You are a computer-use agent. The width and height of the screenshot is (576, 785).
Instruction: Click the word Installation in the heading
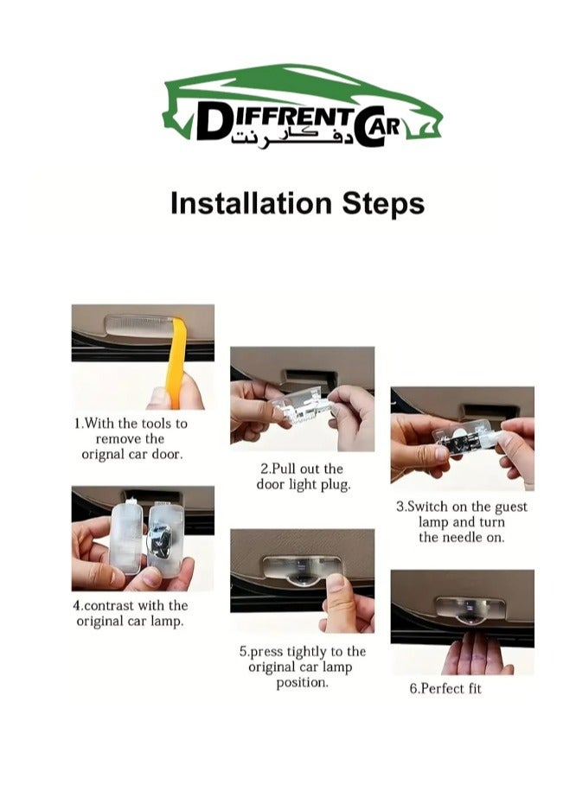[251, 203]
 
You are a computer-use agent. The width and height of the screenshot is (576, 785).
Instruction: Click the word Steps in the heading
[383, 204]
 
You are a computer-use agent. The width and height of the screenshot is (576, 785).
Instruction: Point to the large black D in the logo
[210, 122]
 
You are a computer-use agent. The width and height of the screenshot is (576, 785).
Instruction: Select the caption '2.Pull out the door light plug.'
[303, 476]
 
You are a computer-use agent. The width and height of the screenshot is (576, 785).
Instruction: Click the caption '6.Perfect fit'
[445, 689]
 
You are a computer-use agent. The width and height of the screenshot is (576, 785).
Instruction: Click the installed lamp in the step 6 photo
[470, 609]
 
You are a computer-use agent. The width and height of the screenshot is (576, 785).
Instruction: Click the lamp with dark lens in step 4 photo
[165, 539]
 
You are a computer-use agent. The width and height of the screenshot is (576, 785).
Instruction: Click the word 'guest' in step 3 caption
[511, 507]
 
